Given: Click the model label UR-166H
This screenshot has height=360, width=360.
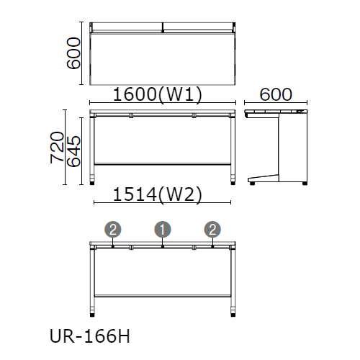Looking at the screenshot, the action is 90,336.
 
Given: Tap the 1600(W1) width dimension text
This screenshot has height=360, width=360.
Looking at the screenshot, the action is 158,94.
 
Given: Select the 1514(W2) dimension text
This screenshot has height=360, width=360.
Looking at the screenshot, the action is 158,194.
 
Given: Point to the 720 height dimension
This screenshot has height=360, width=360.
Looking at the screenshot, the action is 57,148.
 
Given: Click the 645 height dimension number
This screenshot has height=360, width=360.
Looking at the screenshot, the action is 73,151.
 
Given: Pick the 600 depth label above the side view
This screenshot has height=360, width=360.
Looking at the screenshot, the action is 276,94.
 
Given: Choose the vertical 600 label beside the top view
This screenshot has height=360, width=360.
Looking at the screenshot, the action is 73,53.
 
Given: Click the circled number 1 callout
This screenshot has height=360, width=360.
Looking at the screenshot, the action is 163,230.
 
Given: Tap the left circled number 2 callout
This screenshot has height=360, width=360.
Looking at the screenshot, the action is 113,230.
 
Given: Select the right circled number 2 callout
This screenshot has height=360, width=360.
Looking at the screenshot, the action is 212,230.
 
